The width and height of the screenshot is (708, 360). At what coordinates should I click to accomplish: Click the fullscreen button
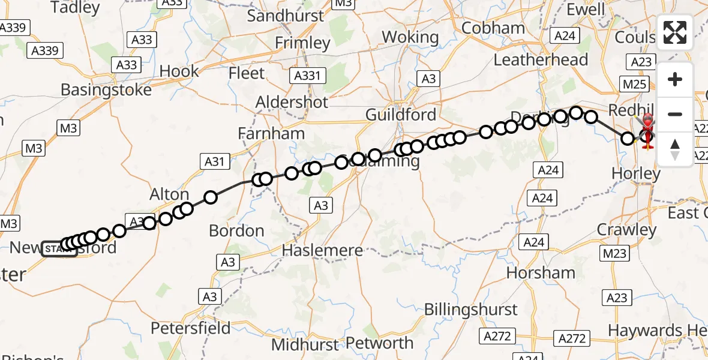(x=675, y=32)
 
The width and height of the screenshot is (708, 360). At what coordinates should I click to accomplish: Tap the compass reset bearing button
(x=675, y=149)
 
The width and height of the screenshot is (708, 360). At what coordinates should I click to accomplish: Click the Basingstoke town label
(x=106, y=90)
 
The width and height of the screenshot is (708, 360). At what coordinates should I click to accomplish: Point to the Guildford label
(x=401, y=114)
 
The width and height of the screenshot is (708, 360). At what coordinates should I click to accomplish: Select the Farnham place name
(x=271, y=133)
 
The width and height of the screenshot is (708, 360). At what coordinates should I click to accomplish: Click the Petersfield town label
(x=190, y=328)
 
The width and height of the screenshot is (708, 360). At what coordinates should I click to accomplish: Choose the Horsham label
(x=541, y=273)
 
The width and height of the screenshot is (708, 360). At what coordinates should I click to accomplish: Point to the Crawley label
(x=627, y=230)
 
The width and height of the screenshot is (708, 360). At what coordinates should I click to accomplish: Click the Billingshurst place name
(x=470, y=310)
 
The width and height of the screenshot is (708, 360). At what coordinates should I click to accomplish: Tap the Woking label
(x=410, y=37)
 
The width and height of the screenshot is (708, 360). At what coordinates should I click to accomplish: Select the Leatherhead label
(x=541, y=60)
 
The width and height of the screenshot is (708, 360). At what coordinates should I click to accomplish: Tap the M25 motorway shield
(x=635, y=84)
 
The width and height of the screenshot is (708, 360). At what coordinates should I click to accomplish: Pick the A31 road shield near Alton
(x=214, y=161)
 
